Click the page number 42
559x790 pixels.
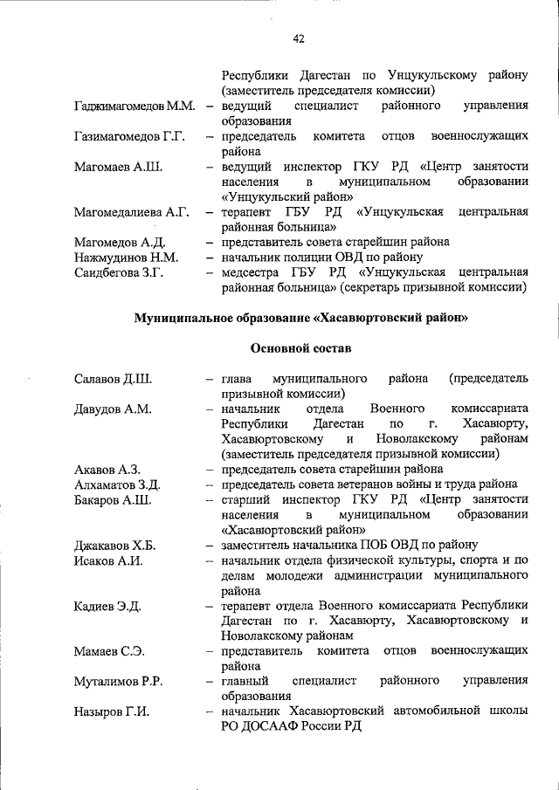pyautogui.click(x=299, y=39)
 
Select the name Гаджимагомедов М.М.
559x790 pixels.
pyautogui.click(x=135, y=106)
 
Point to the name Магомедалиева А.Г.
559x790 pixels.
pyautogui.click(x=132, y=212)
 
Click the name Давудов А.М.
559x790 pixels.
pyautogui.click(x=114, y=409)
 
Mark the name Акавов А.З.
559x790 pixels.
pyautogui.click(x=107, y=470)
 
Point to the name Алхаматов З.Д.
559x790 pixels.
pyautogui.click(x=117, y=484)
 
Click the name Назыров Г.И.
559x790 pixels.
pyautogui.click(x=113, y=711)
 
